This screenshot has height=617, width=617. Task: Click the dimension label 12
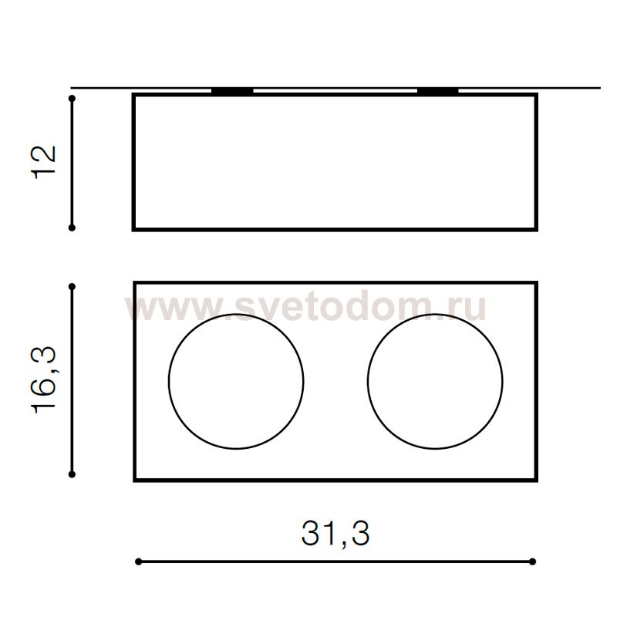[43, 163]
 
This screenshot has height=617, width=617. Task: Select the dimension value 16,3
[43, 379]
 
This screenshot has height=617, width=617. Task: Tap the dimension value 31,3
[335, 534]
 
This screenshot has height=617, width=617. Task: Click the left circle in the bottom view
[169, 381]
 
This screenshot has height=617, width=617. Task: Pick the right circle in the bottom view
[368, 381]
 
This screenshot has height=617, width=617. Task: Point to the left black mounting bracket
[232, 91]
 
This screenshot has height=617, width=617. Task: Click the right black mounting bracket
[437, 91]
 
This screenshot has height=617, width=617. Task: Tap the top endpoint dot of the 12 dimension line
[72, 98]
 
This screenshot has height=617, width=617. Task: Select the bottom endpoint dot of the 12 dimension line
[72, 228]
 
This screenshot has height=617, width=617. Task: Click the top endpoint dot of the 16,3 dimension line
[72, 287]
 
